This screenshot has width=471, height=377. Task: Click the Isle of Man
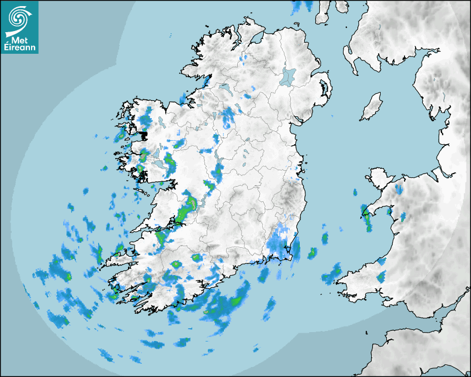pyautogui.click(x=372, y=107)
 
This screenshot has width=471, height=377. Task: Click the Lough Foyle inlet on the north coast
pyautogui.click(x=256, y=38)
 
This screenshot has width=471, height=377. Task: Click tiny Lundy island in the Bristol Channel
pyautogui.click(x=367, y=332)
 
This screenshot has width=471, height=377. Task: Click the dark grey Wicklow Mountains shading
pyautogui.click(x=288, y=197)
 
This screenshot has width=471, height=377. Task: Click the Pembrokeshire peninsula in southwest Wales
pyautogui.click(x=355, y=277)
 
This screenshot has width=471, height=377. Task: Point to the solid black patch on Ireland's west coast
pyautogui.click(x=144, y=135)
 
